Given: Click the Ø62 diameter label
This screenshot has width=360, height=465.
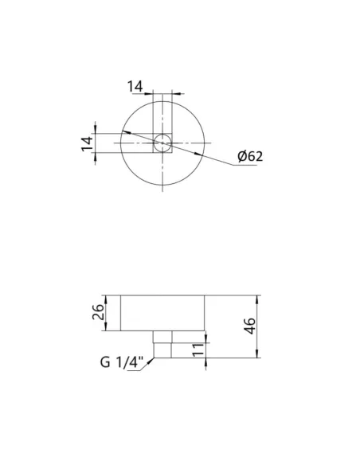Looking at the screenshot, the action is click(x=250, y=156).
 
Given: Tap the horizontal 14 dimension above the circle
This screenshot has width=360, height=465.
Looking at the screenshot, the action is click(x=135, y=87).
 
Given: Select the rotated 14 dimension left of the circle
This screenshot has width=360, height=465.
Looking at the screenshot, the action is click(x=88, y=144).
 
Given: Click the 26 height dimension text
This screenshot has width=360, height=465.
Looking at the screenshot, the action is click(x=99, y=312).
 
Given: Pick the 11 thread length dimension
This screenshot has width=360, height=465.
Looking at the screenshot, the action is click(x=198, y=350).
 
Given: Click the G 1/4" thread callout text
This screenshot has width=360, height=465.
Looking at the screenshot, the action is click(x=122, y=362).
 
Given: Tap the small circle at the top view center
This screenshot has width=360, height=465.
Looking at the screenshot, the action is click(x=162, y=143).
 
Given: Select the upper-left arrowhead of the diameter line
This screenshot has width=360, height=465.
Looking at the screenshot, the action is click(x=127, y=132).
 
